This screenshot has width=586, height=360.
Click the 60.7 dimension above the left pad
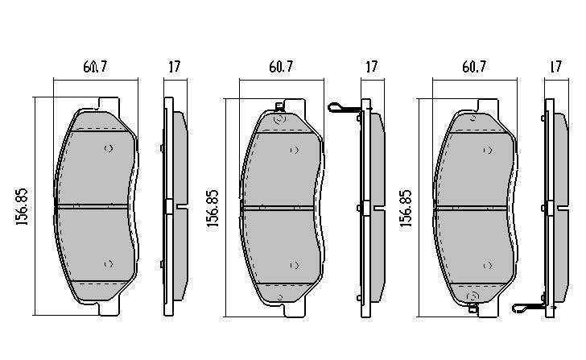(x=95, y=68)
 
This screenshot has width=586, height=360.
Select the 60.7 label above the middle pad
(x=281, y=68)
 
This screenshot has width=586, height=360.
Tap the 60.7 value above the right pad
(x=474, y=68)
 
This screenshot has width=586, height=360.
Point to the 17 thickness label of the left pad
(x=174, y=68)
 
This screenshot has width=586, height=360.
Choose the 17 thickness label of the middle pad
(x=371, y=68)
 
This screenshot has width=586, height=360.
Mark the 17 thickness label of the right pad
(x=555, y=68)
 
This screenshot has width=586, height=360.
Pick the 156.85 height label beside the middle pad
(x=213, y=207)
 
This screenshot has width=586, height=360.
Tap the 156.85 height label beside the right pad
(x=406, y=207)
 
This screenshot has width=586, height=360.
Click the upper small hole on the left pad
(x=109, y=149)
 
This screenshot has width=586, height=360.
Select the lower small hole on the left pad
(x=109, y=264)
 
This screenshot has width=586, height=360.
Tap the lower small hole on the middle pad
(x=294, y=264)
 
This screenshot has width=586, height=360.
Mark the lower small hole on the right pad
(x=486, y=264)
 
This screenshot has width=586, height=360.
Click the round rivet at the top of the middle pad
(x=280, y=118)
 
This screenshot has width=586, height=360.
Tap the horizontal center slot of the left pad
(x=92, y=206)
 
